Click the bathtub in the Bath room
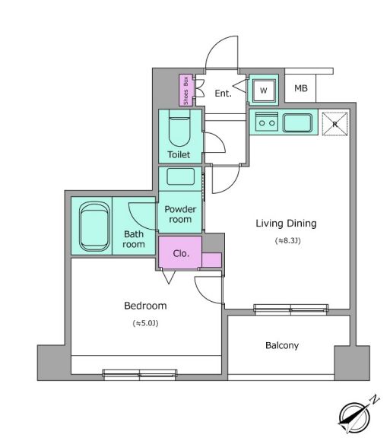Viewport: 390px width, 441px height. point(94,226)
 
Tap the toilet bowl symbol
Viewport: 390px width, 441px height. point(179,128)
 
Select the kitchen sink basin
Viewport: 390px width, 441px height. point(297,123)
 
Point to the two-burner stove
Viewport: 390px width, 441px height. point(267,122)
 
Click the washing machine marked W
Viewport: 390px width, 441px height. point(264,90)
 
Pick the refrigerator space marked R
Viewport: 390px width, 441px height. point(335,124)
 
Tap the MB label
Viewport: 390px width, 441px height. point(301,88)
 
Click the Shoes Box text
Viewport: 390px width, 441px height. point(185,90)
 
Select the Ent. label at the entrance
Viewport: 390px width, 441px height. point(223,93)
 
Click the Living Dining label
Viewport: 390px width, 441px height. point(286,224)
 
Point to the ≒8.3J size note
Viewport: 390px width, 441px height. point(287,241)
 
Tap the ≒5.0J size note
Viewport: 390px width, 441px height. point(145,323)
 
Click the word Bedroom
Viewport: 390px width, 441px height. point(145,306)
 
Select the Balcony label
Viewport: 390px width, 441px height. point(282,345)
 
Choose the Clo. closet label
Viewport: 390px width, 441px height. point(181,254)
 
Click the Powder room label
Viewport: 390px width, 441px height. point(180,214)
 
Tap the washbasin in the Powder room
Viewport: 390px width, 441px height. point(180,176)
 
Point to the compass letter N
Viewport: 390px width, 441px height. point(374,400)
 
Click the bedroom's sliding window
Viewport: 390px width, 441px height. point(140,374)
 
